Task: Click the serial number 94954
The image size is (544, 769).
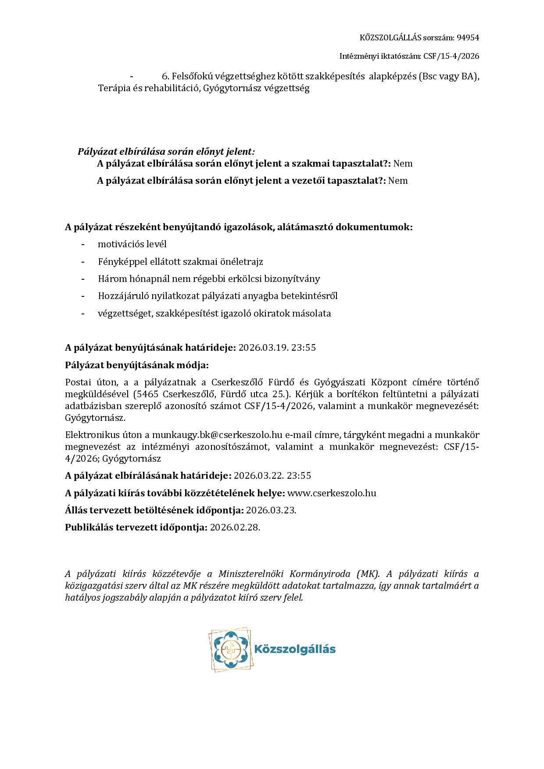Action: click(x=468, y=38)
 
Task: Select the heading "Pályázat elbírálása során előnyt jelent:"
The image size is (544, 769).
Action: click(x=166, y=152)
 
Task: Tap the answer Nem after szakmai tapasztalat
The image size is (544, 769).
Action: click(x=403, y=164)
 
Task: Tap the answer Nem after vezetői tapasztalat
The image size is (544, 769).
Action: click(x=398, y=181)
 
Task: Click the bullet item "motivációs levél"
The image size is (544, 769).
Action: click(x=132, y=244)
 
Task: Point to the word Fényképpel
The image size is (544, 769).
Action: click(x=119, y=262)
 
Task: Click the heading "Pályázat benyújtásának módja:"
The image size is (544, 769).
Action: click(x=137, y=365)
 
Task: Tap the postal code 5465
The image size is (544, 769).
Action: click(x=147, y=394)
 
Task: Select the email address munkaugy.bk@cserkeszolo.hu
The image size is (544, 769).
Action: click(x=217, y=435)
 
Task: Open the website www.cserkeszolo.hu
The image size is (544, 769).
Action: click(x=332, y=493)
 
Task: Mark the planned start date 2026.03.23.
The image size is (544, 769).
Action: click(x=271, y=510)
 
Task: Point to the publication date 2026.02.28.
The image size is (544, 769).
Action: click(x=235, y=527)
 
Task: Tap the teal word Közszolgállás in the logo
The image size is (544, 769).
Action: click(x=295, y=649)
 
